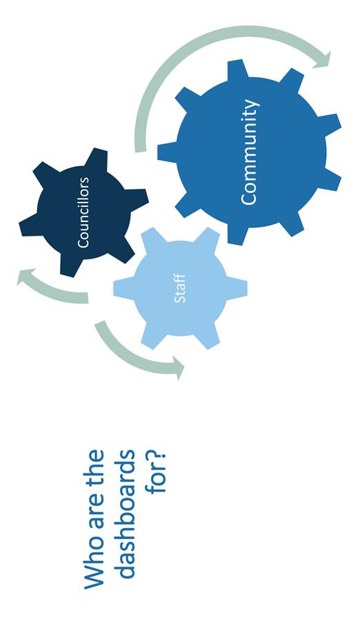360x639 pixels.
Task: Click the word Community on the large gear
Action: click(x=250, y=152)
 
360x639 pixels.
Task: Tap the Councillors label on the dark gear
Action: click(x=83, y=212)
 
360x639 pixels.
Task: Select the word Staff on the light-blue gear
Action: click(x=180, y=289)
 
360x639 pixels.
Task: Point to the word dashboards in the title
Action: click(x=124, y=514)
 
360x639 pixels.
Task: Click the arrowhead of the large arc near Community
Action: click(x=322, y=60)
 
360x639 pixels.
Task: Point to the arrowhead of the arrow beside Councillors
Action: click(x=26, y=276)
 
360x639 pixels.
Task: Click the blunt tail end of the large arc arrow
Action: click(x=140, y=151)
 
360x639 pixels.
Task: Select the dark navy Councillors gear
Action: click(x=83, y=212)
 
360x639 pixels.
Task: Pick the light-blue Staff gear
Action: click(x=180, y=289)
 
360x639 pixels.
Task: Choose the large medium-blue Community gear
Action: click(x=250, y=152)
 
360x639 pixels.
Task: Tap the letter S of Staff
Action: click(x=180, y=300)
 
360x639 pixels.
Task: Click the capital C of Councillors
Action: click(x=83, y=244)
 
